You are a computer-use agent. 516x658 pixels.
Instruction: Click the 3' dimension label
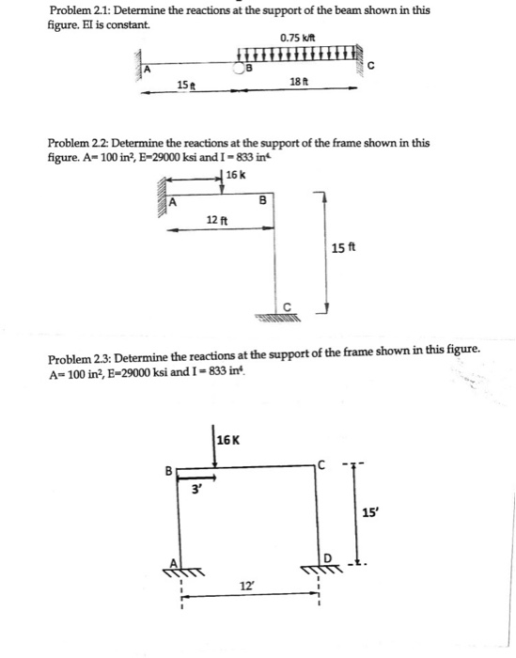click(x=196, y=488)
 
